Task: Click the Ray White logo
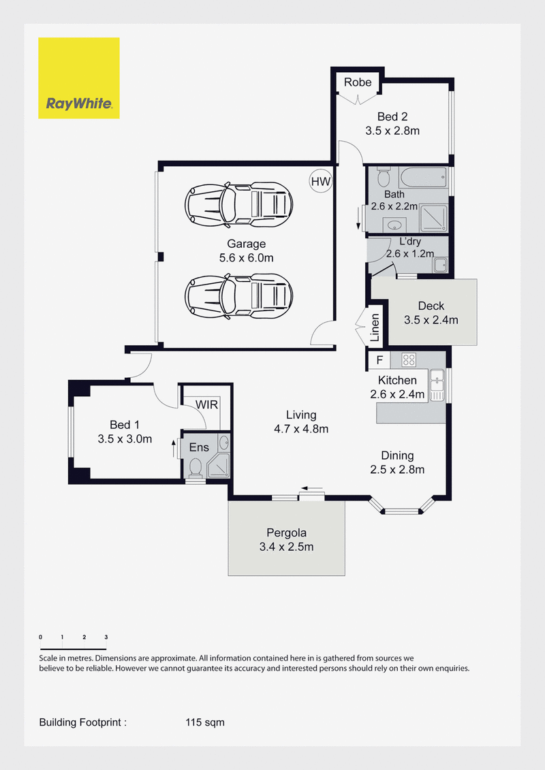(78, 78)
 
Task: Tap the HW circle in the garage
(321, 181)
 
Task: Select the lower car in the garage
(239, 295)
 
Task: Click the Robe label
(358, 82)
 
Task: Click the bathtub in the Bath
(423, 177)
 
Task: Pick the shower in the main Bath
(434, 219)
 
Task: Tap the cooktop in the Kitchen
(409, 360)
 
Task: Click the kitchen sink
(437, 385)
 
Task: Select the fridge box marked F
(379, 360)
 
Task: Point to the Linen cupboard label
(375, 327)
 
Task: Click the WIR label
(206, 404)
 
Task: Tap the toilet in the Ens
(196, 468)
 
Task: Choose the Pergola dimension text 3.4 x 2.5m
(287, 547)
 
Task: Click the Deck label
(431, 306)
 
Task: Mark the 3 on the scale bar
(106, 637)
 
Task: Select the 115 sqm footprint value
(205, 722)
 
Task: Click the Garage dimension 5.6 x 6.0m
(246, 258)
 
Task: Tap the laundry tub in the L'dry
(440, 265)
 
